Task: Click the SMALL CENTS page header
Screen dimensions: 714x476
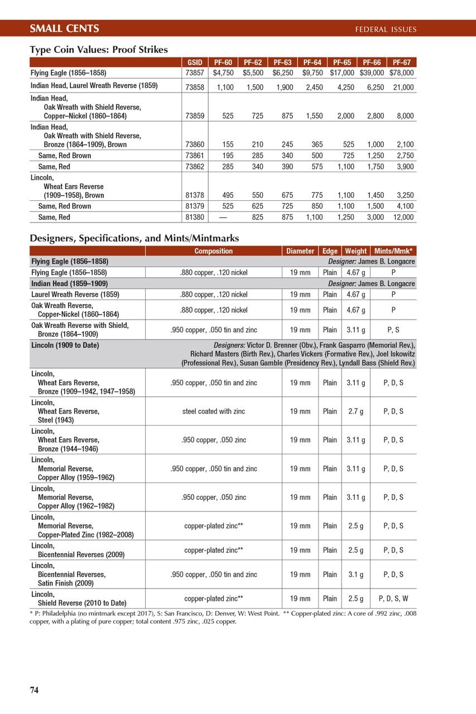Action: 64,28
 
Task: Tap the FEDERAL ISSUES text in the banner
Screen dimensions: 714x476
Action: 386,29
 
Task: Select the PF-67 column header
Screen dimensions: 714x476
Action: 402,62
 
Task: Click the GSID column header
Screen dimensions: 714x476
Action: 194,62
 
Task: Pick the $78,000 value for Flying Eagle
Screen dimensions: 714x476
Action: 402,73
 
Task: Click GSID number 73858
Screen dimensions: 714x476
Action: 194,88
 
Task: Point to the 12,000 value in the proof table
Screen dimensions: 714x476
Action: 403,217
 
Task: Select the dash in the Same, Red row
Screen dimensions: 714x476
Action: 223,217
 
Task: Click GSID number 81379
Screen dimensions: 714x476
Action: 194,206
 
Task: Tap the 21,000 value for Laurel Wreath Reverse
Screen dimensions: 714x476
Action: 403,88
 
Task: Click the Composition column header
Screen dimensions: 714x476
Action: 214,251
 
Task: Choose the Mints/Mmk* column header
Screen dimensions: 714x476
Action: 393,251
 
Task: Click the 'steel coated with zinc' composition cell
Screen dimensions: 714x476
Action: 214,411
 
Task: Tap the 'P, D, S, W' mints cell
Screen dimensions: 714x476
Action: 393,599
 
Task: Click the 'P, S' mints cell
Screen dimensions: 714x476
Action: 393,330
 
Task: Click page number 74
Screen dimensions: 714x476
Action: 34,690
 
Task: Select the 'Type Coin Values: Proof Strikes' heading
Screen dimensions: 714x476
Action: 99,50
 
